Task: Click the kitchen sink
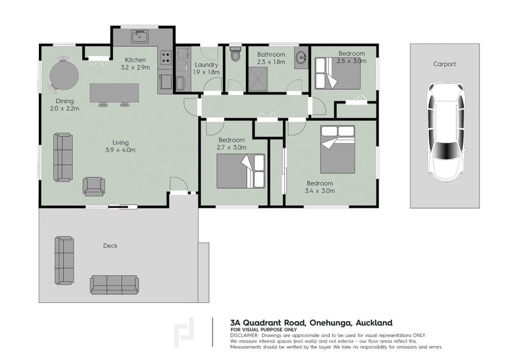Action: [140, 36]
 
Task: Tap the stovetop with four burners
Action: [166, 58]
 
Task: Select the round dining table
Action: [64, 75]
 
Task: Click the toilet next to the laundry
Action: [235, 54]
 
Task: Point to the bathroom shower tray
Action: [258, 79]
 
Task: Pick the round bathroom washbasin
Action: [302, 58]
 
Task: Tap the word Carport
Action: [444, 64]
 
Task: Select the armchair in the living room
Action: [94, 186]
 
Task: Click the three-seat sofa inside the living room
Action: [63, 157]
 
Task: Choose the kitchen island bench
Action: [115, 93]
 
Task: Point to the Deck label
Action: [110, 246]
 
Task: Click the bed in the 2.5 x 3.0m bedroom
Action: [338, 73]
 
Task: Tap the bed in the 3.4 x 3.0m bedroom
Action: [338, 150]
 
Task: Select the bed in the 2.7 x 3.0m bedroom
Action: [241, 171]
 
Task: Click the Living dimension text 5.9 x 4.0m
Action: [120, 150]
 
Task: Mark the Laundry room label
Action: [206, 65]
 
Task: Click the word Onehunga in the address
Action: [331, 323]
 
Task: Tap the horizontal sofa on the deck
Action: [115, 285]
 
